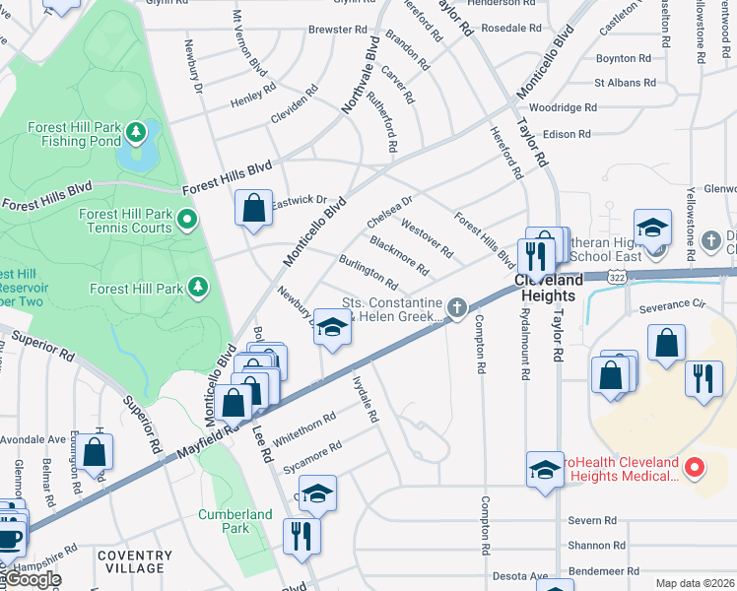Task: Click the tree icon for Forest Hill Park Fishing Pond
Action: (139, 130)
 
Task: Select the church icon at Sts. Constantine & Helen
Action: (456, 309)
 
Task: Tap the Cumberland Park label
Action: (234, 521)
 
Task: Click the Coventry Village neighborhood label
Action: (130, 561)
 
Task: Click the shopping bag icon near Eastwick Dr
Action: (253, 209)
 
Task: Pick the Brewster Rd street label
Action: (338, 30)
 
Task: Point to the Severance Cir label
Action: (674, 307)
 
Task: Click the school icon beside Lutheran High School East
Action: (652, 228)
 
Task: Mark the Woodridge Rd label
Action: (563, 107)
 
